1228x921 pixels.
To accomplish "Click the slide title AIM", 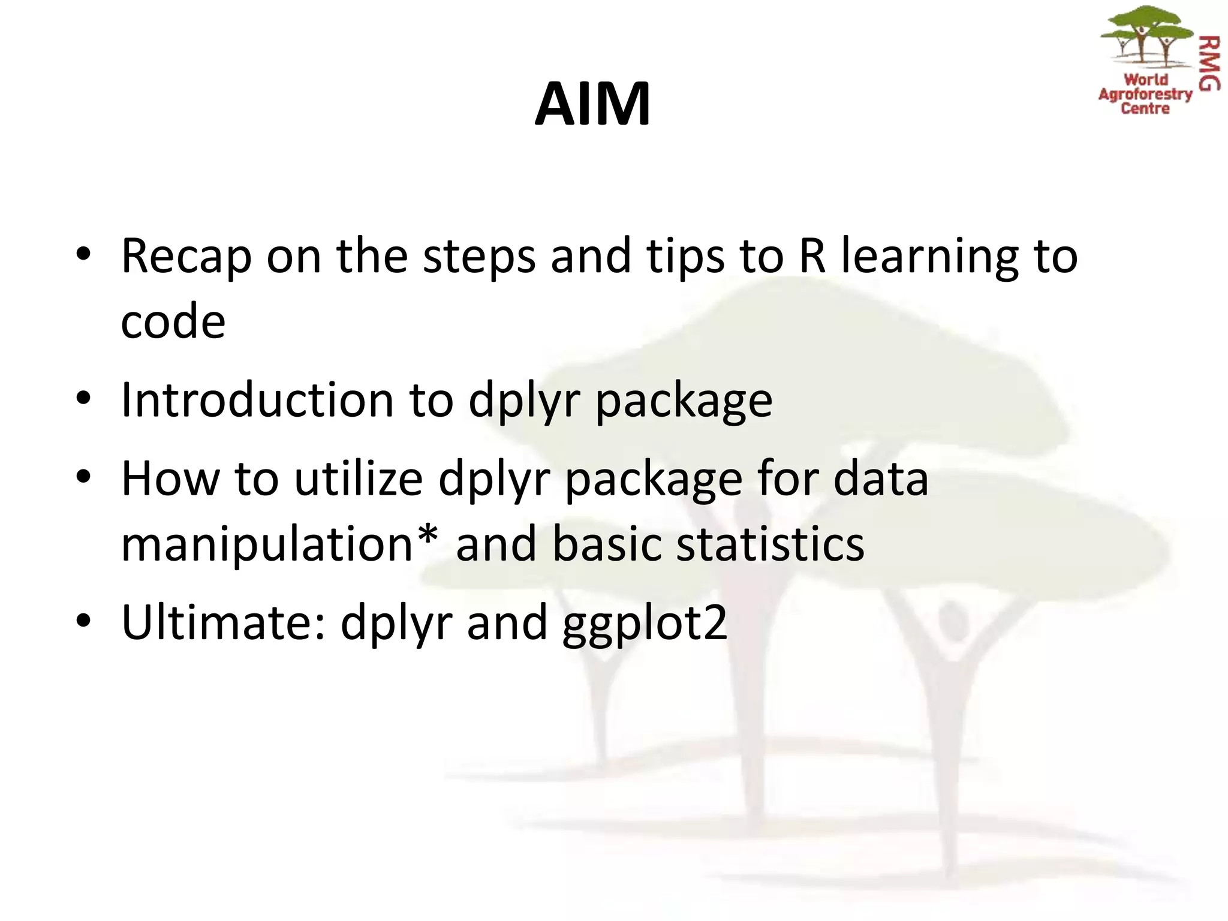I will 592,104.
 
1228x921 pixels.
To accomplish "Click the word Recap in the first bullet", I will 186,257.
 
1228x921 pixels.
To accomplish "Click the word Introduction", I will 257,400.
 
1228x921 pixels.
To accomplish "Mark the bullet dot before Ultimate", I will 83,621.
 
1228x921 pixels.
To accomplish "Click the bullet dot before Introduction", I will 83,398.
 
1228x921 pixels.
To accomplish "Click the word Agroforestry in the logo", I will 1145,94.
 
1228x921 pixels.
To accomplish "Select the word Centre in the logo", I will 1145,109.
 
